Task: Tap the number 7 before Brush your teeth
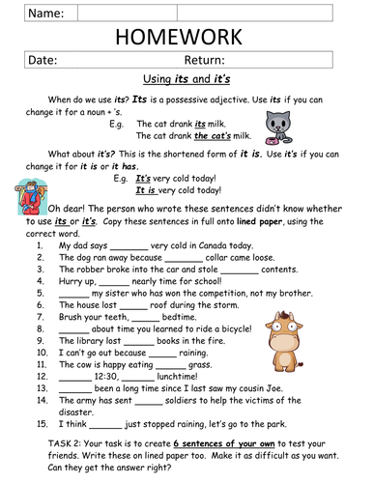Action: pyautogui.click(x=42, y=314)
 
